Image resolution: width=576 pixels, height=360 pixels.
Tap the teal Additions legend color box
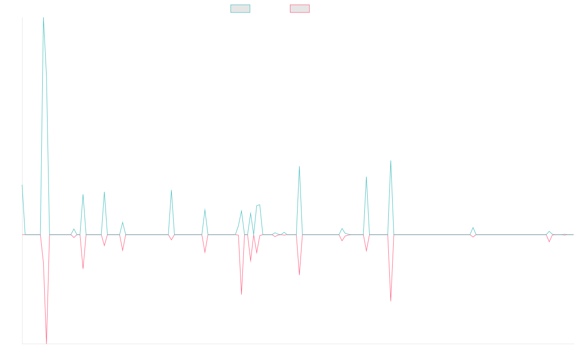point(240,9)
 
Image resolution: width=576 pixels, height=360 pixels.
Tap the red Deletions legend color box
point(300,9)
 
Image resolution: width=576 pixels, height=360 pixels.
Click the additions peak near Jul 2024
point(300,167)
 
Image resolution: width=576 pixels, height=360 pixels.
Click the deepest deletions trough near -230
point(47,343)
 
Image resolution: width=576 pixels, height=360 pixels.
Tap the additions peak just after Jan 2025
point(391,161)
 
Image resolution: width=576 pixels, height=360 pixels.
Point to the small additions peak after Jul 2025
point(473,228)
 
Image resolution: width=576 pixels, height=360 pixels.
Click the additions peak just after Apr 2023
point(104,192)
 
